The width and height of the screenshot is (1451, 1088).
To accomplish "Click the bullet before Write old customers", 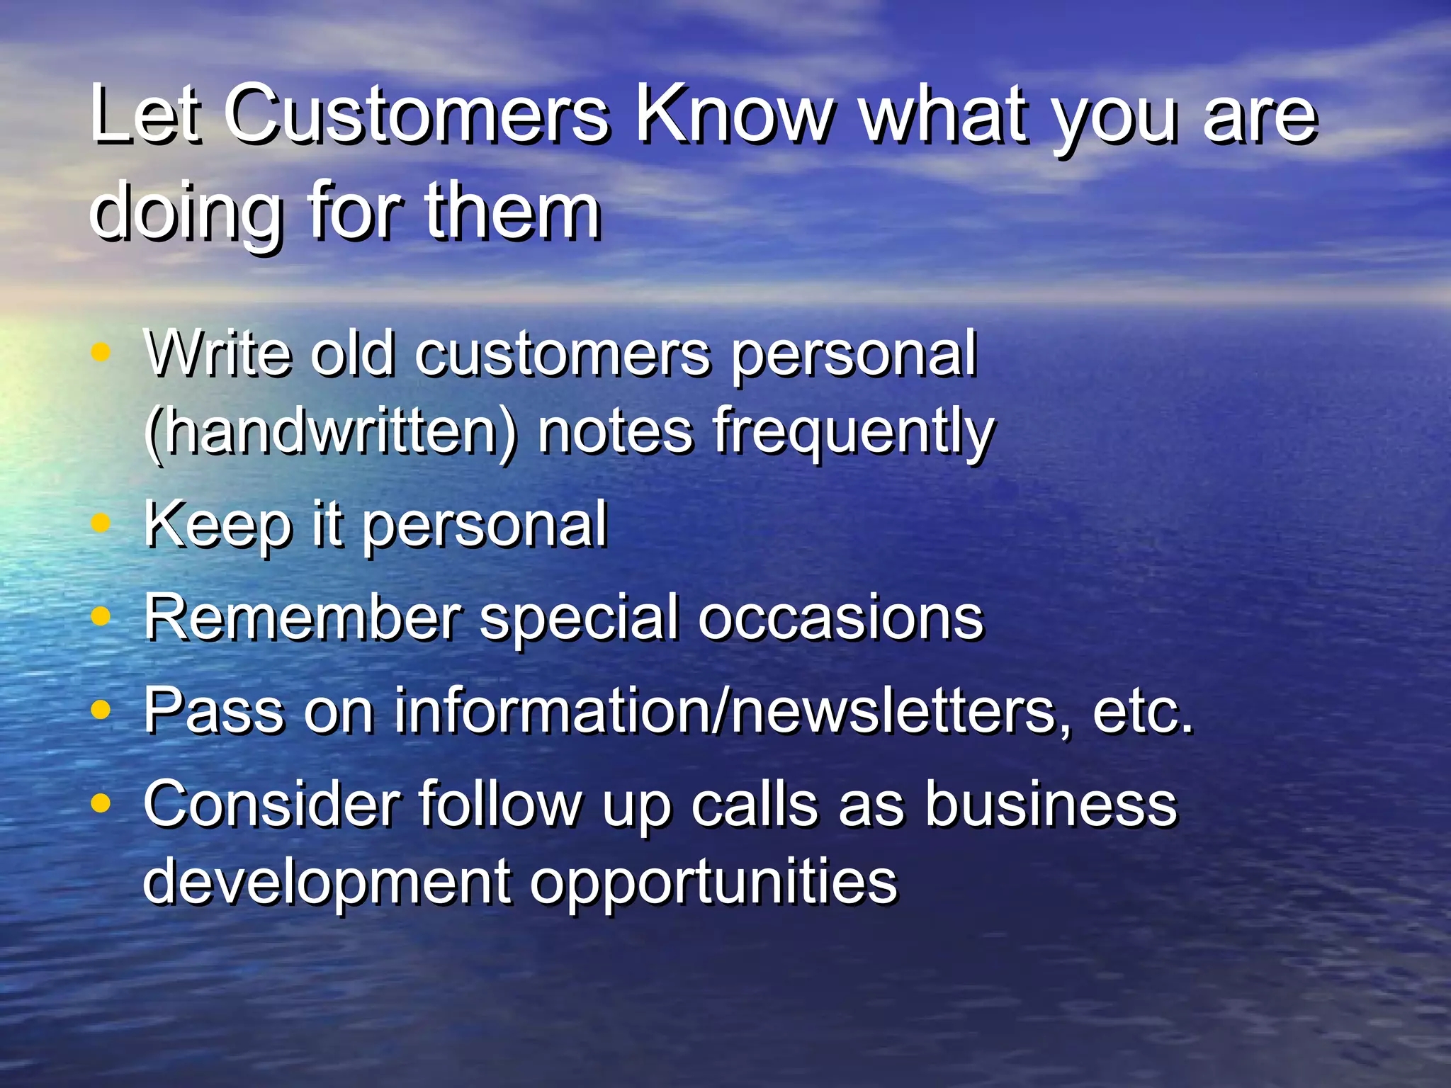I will [101, 351].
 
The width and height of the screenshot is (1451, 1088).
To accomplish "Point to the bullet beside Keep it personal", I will [101, 523].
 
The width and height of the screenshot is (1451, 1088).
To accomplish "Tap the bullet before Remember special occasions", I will [101, 616].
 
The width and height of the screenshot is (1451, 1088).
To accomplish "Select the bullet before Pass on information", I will [101, 709].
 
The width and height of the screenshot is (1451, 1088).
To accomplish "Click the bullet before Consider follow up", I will [101, 803].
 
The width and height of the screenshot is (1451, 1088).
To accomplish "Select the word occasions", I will [840, 618].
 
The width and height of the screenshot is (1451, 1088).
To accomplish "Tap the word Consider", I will [272, 804].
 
